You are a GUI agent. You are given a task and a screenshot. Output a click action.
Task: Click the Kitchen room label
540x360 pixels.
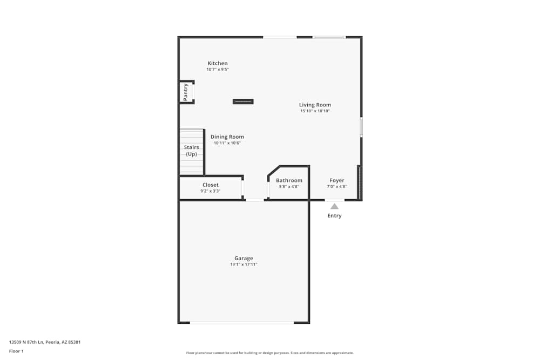point(218,63)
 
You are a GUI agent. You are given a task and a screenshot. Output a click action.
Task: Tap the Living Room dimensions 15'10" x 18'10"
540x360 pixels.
point(315,111)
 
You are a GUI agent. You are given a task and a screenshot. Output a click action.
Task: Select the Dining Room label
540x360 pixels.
point(227,137)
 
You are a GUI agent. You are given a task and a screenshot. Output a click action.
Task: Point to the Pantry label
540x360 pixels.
point(185,92)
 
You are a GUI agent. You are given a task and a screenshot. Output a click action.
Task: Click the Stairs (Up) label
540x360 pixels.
point(191,151)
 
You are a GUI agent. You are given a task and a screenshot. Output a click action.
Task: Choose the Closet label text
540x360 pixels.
point(211,185)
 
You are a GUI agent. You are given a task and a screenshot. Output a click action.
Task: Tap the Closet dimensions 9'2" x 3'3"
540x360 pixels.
point(211,191)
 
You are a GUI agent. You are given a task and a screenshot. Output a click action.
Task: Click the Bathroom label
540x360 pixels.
point(289,180)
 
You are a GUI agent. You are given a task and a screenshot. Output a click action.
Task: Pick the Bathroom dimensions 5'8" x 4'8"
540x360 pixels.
point(289,187)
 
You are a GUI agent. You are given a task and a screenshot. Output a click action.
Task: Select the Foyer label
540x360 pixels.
point(337,180)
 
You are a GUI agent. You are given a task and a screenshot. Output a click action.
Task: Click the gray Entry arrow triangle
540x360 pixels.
point(334,206)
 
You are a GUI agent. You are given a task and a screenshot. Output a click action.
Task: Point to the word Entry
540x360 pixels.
point(334,216)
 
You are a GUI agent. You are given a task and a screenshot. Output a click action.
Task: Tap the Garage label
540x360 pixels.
point(244,258)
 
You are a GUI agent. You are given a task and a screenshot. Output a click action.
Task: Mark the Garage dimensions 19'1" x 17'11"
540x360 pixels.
point(244,264)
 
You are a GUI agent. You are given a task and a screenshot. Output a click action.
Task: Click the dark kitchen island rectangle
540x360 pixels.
point(243,101)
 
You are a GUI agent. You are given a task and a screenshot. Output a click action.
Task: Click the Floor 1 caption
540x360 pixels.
point(16,351)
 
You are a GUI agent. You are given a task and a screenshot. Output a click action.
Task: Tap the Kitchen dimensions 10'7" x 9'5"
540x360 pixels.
point(218,70)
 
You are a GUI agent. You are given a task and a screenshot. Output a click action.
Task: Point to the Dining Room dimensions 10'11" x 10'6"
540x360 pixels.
point(227,143)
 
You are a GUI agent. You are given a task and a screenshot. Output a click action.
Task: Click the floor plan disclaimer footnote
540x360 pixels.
point(270,353)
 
